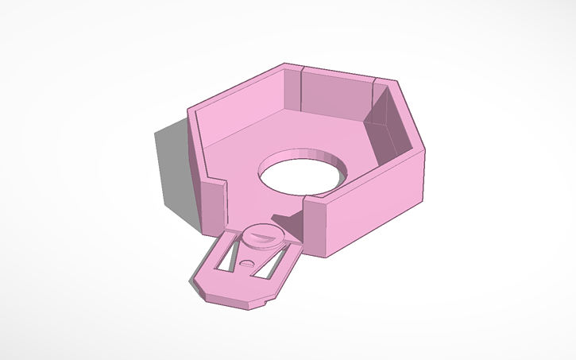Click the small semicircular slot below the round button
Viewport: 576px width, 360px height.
click(249, 262)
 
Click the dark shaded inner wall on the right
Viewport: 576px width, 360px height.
click(389, 127)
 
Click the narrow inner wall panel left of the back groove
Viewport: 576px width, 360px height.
click(294, 87)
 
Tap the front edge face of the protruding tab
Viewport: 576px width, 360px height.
click(230, 300)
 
